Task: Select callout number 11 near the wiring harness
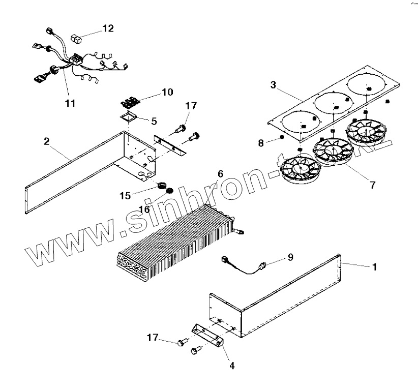coord(70,103)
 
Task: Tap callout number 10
coord(167,92)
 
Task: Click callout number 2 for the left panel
coord(46,141)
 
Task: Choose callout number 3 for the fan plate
coord(273,85)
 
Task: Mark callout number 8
coord(261,143)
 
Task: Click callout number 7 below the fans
coord(373,185)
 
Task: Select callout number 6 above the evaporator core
coord(220,174)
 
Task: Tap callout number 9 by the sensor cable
coord(290,257)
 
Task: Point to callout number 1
coord(375,266)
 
